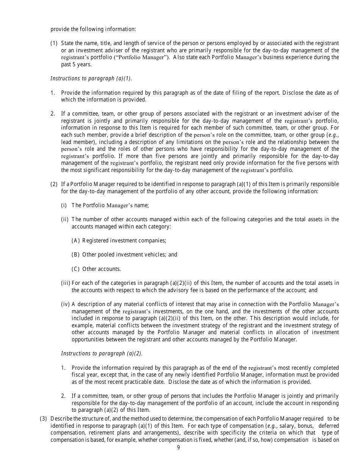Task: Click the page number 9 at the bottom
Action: [178, 447]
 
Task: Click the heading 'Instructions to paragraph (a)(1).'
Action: [91, 78]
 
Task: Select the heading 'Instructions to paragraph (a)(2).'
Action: [102, 353]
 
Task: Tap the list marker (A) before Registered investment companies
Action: [75, 241]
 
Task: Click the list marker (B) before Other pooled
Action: [75, 255]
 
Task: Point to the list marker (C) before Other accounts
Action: [75, 269]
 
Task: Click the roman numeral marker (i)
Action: [64, 205]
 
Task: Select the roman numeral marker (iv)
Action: [65, 304]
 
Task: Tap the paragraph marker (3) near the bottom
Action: [44, 419]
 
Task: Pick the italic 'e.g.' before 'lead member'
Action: [333, 135]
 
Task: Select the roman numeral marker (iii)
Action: [65, 283]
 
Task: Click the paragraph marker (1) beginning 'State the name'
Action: [54, 43]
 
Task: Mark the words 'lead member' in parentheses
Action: [75, 142]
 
